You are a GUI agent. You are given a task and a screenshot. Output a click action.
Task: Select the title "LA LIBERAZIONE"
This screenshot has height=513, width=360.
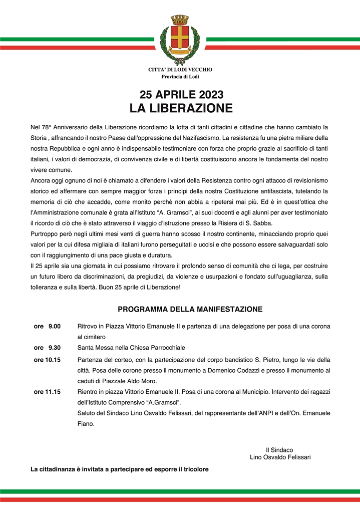click(x=181, y=108)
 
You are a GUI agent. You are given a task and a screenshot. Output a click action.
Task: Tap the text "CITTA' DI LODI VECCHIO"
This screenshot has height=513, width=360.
click(x=180, y=70)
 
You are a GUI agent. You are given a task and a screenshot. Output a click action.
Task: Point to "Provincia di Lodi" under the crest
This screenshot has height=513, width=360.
click(x=180, y=77)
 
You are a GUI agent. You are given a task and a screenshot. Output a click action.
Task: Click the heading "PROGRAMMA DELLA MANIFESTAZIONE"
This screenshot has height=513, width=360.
click(x=190, y=309)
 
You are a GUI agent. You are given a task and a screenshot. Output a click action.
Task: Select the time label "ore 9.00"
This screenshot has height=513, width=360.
click(x=47, y=327)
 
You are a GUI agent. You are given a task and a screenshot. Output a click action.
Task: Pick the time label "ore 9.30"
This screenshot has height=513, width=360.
click(x=47, y=347)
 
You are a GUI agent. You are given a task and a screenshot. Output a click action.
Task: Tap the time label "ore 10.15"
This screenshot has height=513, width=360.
click(x=47, y=360)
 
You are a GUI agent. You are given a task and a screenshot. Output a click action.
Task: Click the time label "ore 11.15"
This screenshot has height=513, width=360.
click(x=47, y=392)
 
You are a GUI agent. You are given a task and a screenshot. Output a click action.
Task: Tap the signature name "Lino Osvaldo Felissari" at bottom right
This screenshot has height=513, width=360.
click(x=280, y=457)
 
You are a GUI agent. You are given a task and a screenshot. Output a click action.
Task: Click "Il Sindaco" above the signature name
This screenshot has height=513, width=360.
click(x=279, y=450)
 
